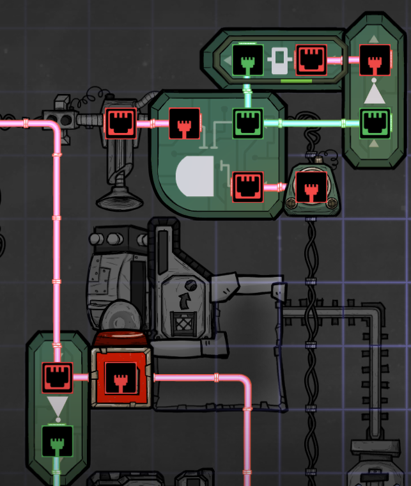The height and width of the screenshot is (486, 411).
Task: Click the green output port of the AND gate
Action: coord(247,121)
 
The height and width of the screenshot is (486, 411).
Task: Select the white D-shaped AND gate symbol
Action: coord(196,176)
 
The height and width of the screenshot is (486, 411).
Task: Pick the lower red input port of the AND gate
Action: coord(247,187)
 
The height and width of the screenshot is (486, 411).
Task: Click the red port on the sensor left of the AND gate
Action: coord(120,122)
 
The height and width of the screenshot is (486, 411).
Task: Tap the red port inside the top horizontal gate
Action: coord(311,60)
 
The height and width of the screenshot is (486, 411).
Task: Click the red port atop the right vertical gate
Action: coord(375,60)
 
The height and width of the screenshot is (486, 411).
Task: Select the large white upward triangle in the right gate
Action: coord(375,94)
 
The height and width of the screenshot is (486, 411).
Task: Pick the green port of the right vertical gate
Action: coord(375,123)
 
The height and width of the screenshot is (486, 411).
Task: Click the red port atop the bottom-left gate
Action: coord(57,377)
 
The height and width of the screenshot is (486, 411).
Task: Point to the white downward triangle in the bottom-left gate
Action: coord(57,406)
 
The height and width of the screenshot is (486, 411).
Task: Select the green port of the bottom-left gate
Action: coord(57,441)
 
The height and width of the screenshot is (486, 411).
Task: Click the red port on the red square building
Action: coord(120,377)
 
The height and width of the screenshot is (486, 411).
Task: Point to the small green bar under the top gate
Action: coord(296,81)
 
